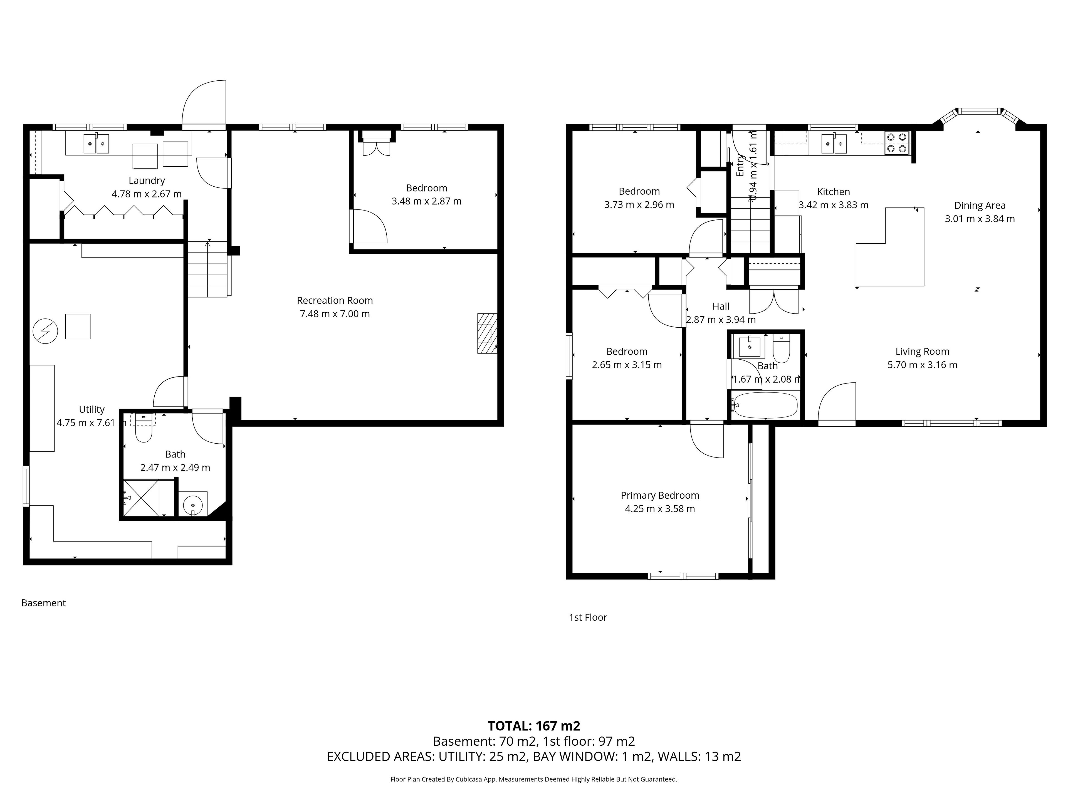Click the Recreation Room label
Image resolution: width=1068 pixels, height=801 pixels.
click(x=335, y=300)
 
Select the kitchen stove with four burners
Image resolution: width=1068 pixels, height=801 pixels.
click(x=897, y=143)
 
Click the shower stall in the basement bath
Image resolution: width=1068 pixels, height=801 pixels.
click(x=142, y=498)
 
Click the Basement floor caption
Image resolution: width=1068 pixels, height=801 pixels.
click(x=43, y=603)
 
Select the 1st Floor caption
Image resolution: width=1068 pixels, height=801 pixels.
click(x=588, y=617)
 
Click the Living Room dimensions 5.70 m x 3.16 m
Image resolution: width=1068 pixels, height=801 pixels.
click(x=922, y=365)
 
